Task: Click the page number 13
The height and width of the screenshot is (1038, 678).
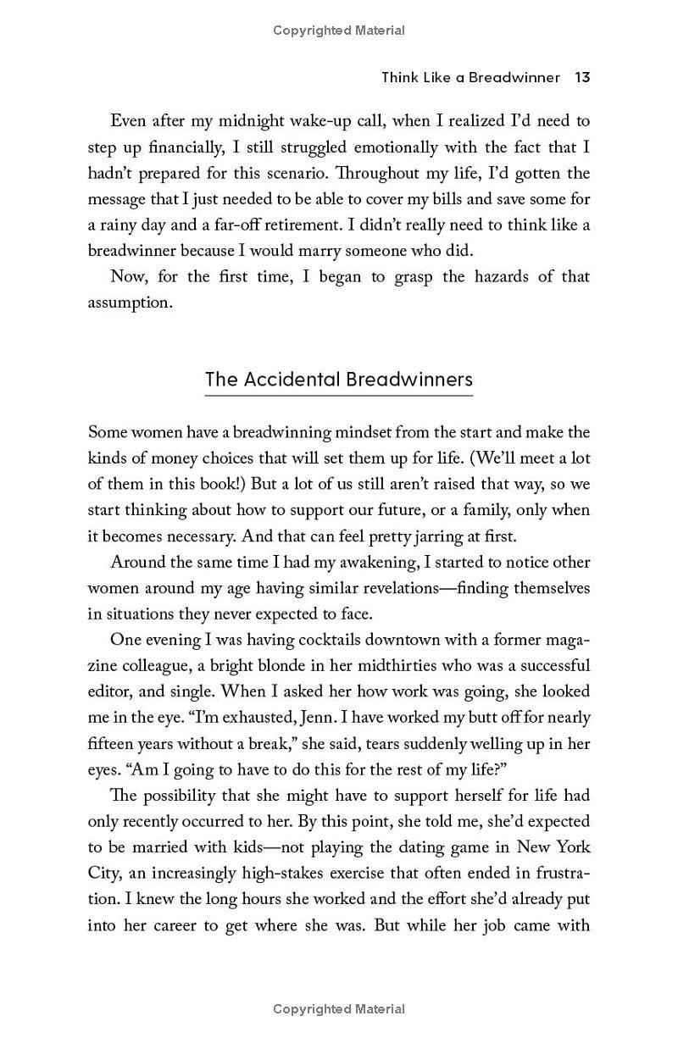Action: [581, 77]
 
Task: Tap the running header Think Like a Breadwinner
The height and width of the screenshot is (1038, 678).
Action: [470, 77]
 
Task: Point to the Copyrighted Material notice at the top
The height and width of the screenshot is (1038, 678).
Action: [339, 31]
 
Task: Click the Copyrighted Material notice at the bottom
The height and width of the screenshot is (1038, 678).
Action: [339, 1008]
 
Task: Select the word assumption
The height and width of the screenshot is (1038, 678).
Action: [130, 303]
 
